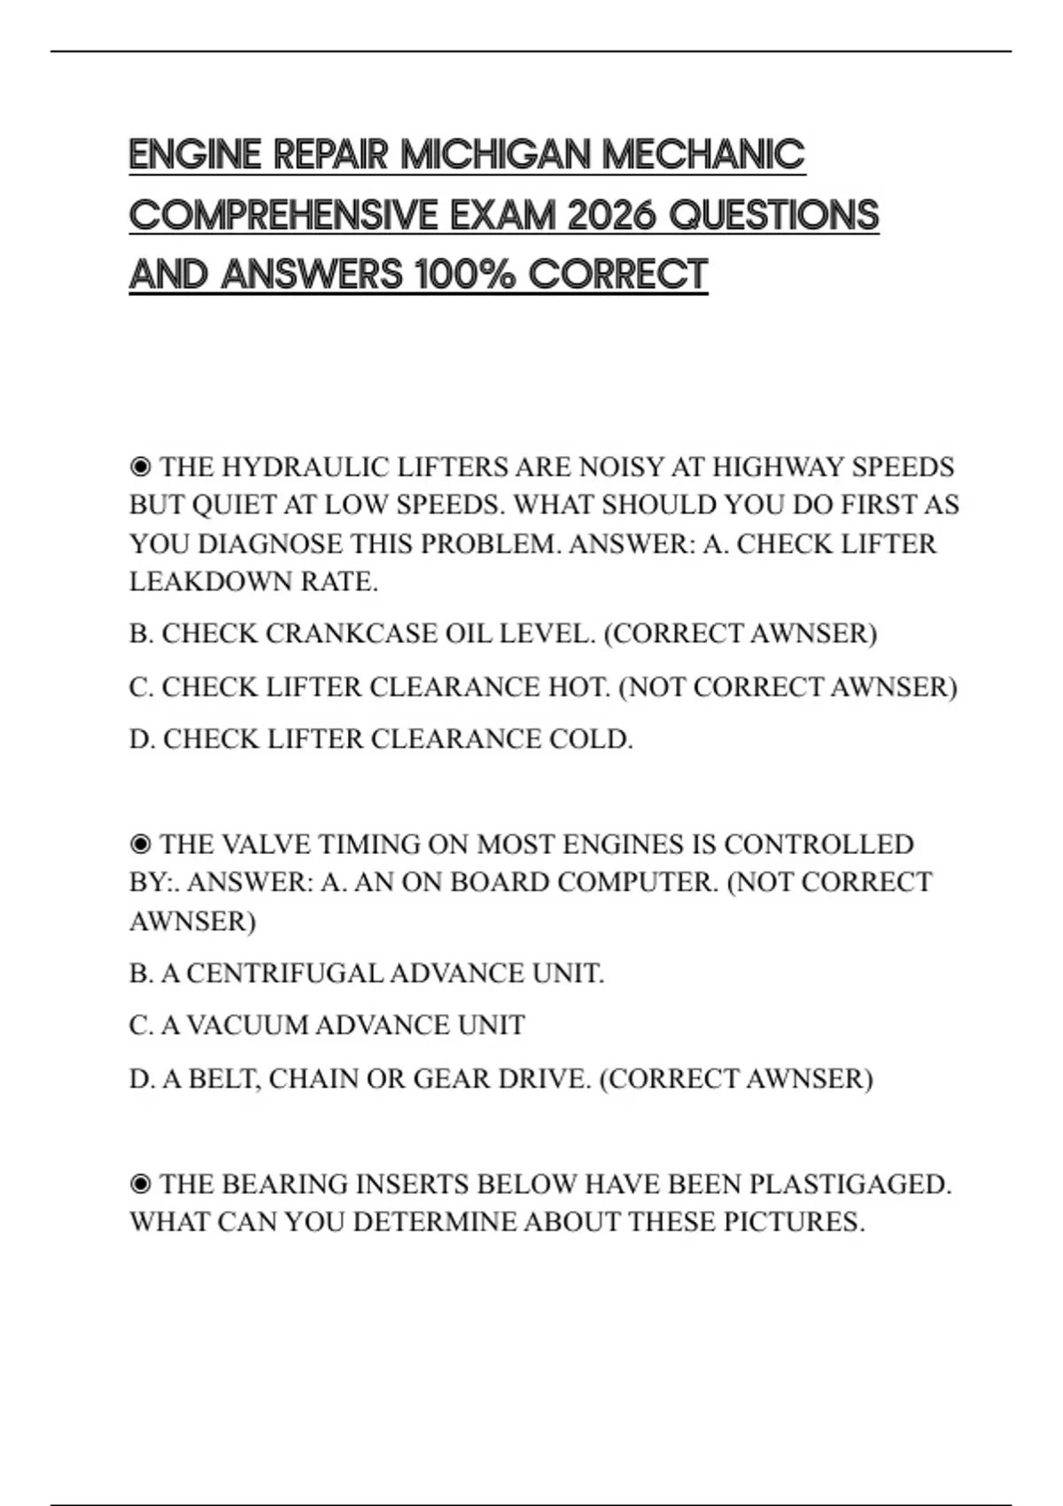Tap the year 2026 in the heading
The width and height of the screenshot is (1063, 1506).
(610, 215)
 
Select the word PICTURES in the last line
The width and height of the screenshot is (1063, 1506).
(794, 1223)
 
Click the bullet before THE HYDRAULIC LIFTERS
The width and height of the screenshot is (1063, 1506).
(140, 467)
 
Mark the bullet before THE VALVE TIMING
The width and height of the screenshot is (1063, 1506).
(140, 844)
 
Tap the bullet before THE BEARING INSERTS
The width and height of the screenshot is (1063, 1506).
(140, 1184)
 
